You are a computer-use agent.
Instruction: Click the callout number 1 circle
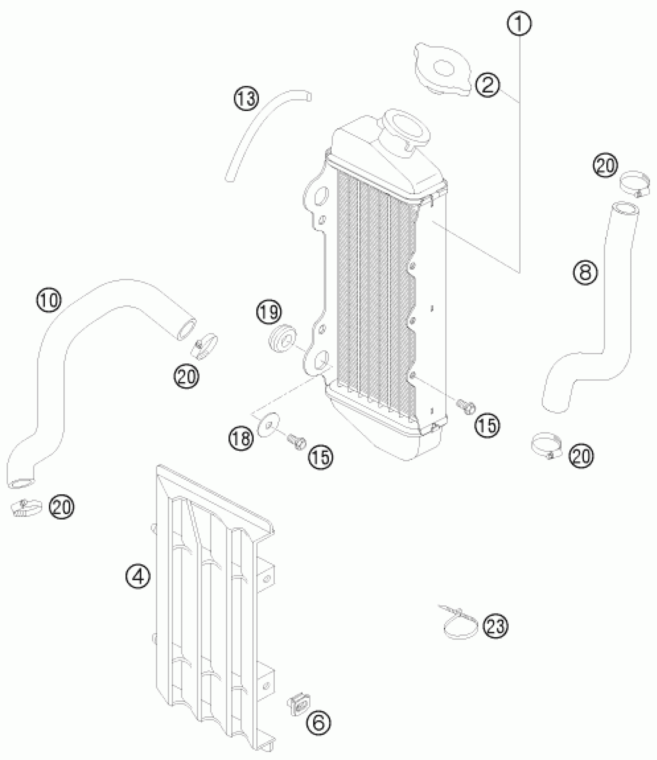[x=519, y=24]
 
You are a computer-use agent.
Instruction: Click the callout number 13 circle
[x=246, y=98]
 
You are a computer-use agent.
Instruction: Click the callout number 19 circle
[x=270, y=312]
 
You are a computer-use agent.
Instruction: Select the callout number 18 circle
[x=242, y=439]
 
